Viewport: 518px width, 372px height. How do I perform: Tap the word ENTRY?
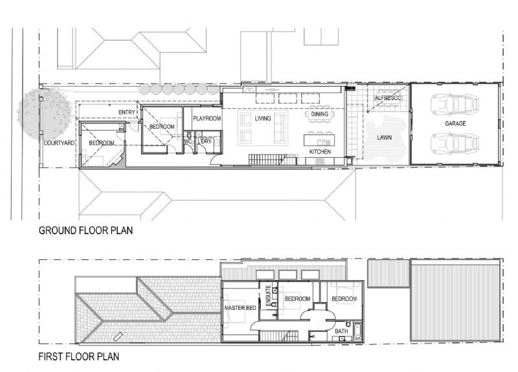pyautogui.click(x=127, y=113)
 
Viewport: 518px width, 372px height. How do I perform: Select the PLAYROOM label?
pyautogui.click(x=207, y=119)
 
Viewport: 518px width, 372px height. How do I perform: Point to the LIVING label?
pyautogui.click(x=263, y=119)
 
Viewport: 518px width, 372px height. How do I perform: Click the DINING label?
pyautogui.click(x=320, y=115)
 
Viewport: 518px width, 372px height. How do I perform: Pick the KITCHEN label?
pyautogui.click(x=320, y=151)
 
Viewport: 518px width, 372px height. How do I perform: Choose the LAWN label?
pyautogui.click(x=385, y=138)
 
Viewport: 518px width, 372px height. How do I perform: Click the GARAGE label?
pyautogui.click(x=456, y=123)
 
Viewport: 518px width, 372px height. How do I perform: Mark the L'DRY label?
pyautogui.click(x=205, y=141)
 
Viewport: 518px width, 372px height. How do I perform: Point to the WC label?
pyautogui.click(x=187, y=142)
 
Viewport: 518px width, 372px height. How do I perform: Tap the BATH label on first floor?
pyautogui.click(x=341, y=332)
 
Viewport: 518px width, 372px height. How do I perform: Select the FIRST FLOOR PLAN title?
pyautogui.click(x=79, y=356)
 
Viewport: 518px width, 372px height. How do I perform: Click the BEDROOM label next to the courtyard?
pyautogui.click(x=102, y=143)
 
